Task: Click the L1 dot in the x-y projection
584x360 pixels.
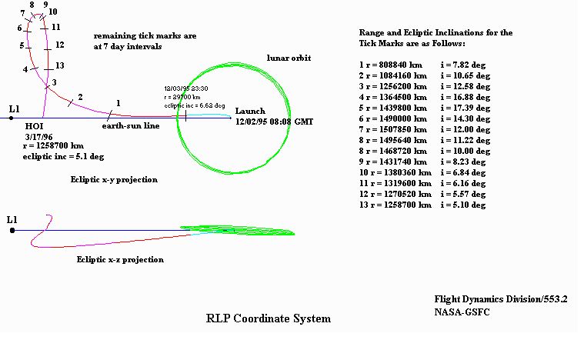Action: [12, 118]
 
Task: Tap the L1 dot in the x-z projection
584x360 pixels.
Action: [12, 231]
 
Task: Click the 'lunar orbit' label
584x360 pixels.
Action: [289, 58]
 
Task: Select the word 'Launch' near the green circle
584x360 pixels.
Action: [250, 111]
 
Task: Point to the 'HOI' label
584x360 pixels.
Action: [35, 126]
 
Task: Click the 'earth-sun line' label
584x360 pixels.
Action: [131, 125]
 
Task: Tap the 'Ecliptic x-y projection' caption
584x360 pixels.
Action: [114, 180]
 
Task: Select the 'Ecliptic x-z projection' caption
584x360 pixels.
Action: [120, 259]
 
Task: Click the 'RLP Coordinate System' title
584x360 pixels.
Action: [269, 318]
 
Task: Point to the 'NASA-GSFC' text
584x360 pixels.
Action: [462, 312]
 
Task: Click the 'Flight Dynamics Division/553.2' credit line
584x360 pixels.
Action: [501, 299]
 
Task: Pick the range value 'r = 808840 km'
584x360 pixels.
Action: [394, 65]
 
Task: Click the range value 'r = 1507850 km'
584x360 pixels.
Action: [396, 129]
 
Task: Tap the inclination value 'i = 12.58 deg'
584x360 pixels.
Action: [466, 86]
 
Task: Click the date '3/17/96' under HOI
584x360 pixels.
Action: [38, 137]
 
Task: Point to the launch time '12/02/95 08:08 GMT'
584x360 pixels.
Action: [274, 122]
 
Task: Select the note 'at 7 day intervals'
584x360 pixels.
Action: [128, 46]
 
